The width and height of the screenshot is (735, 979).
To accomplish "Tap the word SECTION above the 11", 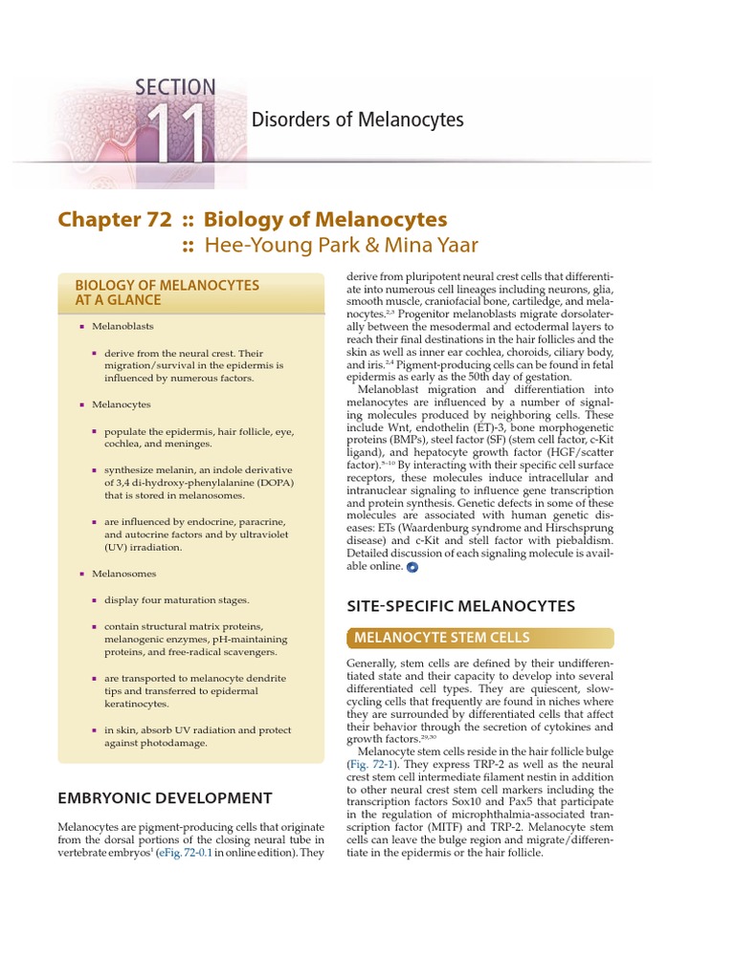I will [x=175, y=88].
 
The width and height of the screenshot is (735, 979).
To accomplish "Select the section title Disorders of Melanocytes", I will [x=357, y=120].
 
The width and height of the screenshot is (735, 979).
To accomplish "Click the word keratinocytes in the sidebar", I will [x=137, y=704].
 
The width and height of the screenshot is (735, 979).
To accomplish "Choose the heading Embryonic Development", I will [x=165, y=797].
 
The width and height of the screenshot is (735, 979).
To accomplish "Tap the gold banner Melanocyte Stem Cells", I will [x=441, y=638].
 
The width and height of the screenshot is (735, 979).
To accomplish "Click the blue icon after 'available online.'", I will [x=412, y=566].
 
